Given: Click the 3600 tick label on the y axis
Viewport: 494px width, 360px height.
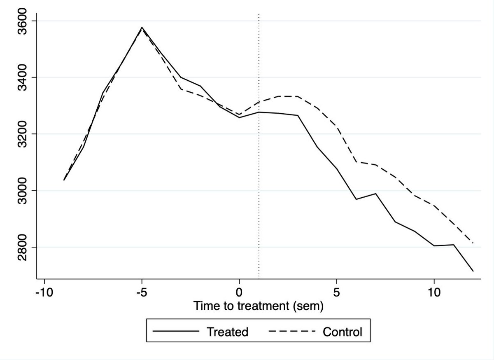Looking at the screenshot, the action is click(x=22, y=21).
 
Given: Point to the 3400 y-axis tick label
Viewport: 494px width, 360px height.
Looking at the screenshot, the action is click(x=22, y=77).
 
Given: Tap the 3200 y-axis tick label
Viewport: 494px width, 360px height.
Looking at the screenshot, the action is click(x=22, y=134).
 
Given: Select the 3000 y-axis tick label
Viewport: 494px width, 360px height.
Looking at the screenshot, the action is click(x=22, y=190).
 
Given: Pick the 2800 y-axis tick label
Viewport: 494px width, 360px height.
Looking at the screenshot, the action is click(x=22, y=247).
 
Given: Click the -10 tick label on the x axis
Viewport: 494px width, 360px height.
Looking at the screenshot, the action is click(x=44, y=293).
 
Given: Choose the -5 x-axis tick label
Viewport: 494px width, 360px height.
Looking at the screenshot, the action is click(x=142, y=293).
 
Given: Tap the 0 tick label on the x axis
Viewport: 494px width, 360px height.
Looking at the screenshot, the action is click(x=239, y=293).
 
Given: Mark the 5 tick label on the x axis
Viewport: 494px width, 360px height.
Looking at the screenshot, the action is click(x=336, y=293).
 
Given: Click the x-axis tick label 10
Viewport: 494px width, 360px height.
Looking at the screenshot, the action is click(x=434, y=293).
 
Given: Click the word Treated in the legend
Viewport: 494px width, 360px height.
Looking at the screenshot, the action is click(x=227, y=332).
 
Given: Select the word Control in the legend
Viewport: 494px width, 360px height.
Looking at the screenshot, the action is click(x=343, y=332).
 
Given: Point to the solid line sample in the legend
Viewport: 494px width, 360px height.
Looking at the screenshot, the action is click(x=176, y=331).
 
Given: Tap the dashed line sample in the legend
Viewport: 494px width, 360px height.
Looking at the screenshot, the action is click(x=292, y=331).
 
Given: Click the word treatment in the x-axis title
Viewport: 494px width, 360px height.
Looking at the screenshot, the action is click(x=263, y=306).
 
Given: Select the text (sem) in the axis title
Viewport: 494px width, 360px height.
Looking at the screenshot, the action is click(x=308, y=306).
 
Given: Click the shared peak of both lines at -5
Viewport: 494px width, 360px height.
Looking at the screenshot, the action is click(x=142, y=27).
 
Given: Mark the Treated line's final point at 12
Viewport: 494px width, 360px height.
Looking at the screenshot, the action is click(x=473, y=271).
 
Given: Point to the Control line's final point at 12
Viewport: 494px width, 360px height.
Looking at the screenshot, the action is click(x=473, y=243).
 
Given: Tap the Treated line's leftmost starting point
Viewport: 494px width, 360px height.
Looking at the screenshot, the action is click(x=64, y=180).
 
